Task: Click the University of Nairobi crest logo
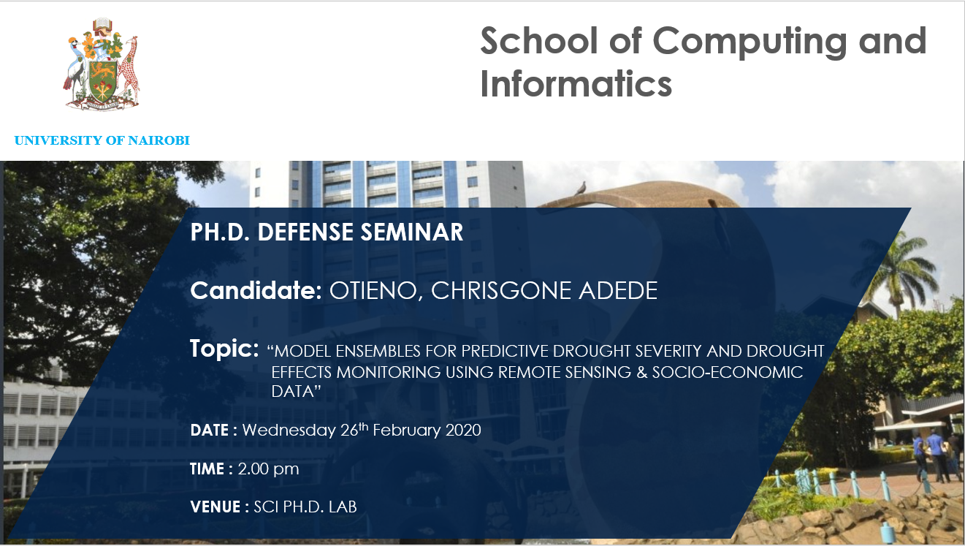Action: point(102,64)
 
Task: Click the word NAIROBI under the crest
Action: point(159,140)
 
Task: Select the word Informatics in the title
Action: point(576,83)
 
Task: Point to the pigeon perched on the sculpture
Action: point(581,188)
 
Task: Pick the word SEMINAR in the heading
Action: point(412,232)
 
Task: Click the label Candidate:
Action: point(256,290)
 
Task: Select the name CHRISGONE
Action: point(501,290)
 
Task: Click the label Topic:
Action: point(224,348)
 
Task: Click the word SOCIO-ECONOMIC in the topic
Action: point(728,372)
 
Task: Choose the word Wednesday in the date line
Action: point(289,431)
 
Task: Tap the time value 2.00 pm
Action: point(268,469)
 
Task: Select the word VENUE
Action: point(215,507)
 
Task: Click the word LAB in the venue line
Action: point(343,507)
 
